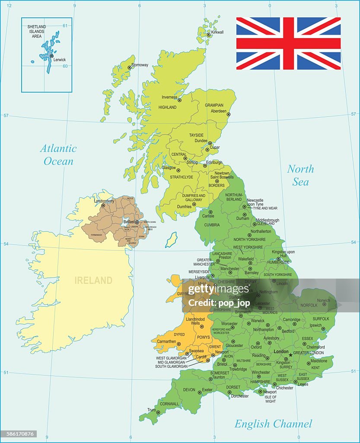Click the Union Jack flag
click(x=288, y=43)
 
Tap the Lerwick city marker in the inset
click(x=51, y=56)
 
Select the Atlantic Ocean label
click(x=58, y=155)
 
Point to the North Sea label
click(x=300, y=175)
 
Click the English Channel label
click(x=273, y=424)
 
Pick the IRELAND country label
click(x=93, y=280)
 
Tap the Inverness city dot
click(x=179, y=100)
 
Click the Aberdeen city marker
click(x=229, y=115)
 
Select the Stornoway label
click(x=140, y=65)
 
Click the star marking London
click(x=290, y=355)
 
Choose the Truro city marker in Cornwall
click(x=158, y=412)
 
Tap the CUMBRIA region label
click(x=212, y=225)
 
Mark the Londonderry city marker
click(x=103, y=205)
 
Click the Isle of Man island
click(x=172, y=240)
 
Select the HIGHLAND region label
click(x=167, y=107)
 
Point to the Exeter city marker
click(x=199, y=392)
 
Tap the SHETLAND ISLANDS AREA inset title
click(x=37, y=31)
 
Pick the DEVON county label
click(x=189, y=390)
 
